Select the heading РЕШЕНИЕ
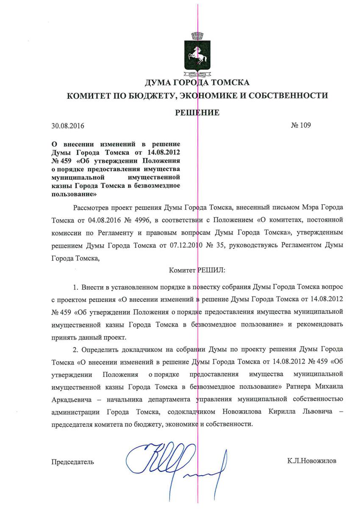[198, 113]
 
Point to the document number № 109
[301, 125]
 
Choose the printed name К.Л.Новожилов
[312, 461]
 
